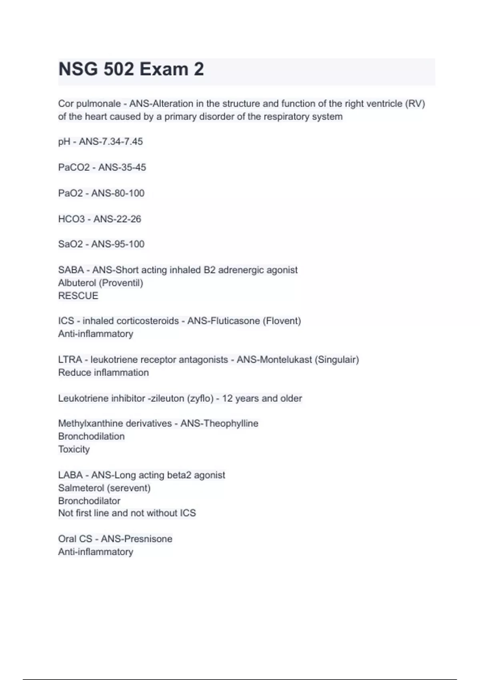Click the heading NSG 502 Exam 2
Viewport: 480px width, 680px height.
[131, 69]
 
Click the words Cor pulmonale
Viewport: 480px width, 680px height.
[89, 104]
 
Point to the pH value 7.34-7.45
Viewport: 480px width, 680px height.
[122, 142]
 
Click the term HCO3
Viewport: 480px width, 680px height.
[72, 219]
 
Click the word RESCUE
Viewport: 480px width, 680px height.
[78, 296]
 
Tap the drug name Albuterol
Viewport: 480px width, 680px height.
[77, 283]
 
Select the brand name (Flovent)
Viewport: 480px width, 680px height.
[282, 321]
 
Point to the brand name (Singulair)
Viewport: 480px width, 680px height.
[337, 360]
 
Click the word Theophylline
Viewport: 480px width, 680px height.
[231, 423]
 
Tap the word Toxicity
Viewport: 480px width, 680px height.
[74, 449]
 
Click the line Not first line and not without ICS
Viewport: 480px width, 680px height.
[127, 513]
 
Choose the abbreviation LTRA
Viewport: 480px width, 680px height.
[70, 360]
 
